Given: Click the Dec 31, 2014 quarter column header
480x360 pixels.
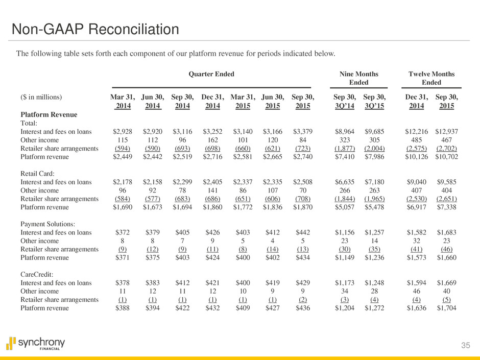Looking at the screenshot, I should [210, 101].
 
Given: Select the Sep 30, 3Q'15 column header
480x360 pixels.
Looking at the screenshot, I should [374, 101].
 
